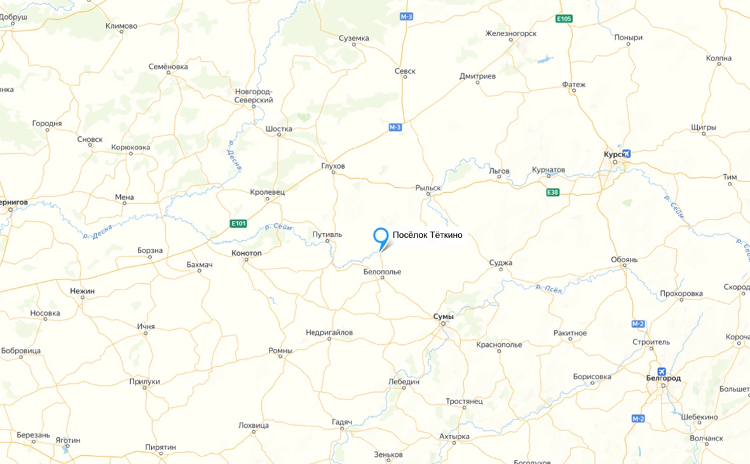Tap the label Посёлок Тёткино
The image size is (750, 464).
point(427,235)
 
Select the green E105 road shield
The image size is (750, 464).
point(564,18)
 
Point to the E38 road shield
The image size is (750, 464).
point(552,192)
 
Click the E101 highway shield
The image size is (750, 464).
point(238,223)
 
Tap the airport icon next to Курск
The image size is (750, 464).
point(627,153)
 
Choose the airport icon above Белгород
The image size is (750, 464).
point(662,371)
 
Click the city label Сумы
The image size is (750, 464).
point(443,316)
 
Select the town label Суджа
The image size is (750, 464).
point(501,263)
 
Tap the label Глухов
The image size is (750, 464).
point(333,166)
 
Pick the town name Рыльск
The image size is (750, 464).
point(428,188)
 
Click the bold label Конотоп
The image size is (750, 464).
point(247,253)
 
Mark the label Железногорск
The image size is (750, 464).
point(511,33)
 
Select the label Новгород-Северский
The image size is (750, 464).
point(254,95)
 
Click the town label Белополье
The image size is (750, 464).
point(382,272)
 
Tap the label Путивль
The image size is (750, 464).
point(327,234)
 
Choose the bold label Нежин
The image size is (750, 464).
point(82,291)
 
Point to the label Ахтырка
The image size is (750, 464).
point(454,437)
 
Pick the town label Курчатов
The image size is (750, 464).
point(548,170)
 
